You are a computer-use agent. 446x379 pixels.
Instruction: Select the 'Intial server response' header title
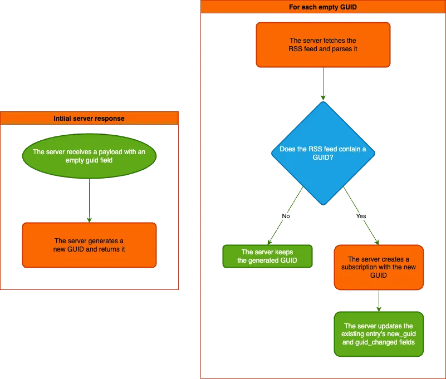(x=89, y=119)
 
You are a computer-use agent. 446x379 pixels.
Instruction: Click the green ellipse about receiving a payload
(x=89, y=156)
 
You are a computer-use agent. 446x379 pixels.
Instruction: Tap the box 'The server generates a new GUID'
(x=89, y=245)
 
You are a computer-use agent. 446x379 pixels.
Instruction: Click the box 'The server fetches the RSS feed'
(x=323, y=45)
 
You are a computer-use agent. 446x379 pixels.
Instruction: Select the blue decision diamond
(x=323, y=153)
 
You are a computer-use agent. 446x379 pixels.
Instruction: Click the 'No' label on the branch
(x=286, y=216)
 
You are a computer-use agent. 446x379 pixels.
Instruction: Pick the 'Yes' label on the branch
(x=361, y=216)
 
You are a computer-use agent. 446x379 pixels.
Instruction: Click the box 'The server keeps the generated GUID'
(x=267, y=257)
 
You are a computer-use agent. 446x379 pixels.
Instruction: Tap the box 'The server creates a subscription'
(x=379, y=267)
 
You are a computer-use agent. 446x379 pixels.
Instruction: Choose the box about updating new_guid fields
(x=379, y=334)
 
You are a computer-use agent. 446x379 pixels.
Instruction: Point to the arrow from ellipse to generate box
(x=89, y=200)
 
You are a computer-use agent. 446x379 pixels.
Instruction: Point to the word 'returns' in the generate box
(x=104, y=249)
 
